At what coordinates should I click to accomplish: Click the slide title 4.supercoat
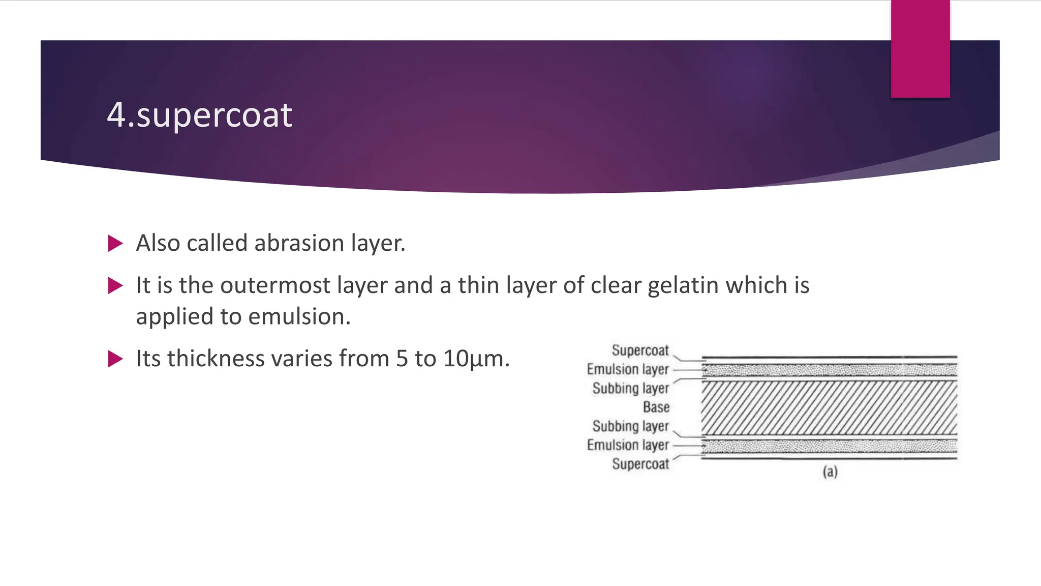click(x=199, y=115)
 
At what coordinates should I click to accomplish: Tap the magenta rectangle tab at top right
click(x=920, y=49)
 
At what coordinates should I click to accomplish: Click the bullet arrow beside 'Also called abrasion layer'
click(x=115, y=244)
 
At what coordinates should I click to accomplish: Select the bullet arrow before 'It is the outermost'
click(x=115, y=286)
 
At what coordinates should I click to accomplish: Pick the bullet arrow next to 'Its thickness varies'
click(x=115, y=359)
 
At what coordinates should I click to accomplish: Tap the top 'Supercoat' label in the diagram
click(x=640, y=350)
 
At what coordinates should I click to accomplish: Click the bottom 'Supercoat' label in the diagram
click(x=640, y=464)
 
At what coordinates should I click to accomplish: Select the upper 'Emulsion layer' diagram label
click(x=628, y=369)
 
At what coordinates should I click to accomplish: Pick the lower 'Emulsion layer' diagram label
click(x=628, y=445)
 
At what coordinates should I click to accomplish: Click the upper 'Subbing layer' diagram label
click(x=630, y=388)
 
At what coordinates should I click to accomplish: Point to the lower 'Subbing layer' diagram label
click(x=630, y=426)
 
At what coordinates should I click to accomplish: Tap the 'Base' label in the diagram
click(x=656, y=407)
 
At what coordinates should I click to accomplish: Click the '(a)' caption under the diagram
click(x=830, y=472)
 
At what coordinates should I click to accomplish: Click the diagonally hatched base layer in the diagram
click(x=829, y=407)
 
